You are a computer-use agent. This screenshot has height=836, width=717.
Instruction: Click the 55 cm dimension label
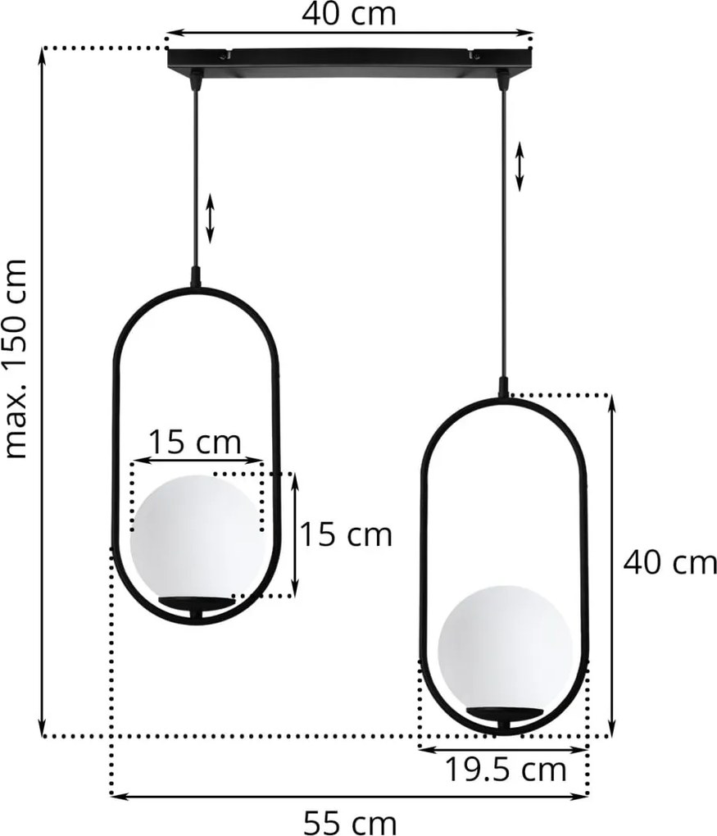click(x=350, y=823)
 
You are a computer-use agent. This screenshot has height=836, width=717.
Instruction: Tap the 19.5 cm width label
click(x=505, y=770)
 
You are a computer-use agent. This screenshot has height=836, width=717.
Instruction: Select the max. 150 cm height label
click(x=16, y=359)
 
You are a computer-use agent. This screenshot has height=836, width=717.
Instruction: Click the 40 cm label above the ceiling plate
click(x=349, y=14)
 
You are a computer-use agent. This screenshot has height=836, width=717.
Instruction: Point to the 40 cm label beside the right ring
click(x=670, y=562)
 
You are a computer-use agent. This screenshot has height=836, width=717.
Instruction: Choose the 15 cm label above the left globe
click(x=194, y=442)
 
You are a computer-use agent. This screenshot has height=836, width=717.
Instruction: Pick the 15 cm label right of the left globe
click(x=346, y=534)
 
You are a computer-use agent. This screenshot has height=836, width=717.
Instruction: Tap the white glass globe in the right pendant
click(x=505, y=648)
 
